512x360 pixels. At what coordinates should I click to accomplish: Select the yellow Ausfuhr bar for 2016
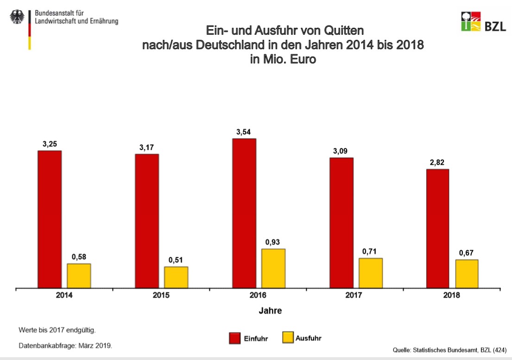[273, 269]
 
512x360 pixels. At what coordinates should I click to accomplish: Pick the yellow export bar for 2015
[176, 278]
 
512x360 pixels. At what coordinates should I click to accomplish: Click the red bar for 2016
[244, 213]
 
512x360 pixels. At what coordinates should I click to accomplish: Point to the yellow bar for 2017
[371, 273]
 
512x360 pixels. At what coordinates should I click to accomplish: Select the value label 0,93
[273, 242]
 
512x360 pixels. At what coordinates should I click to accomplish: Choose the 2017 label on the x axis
[354, 296]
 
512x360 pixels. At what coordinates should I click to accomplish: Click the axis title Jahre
[270, 311]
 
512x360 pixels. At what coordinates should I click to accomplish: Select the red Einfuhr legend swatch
[234, 338]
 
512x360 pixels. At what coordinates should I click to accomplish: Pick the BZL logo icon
[470, 21]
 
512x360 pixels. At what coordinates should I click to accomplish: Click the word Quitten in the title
[341, 32]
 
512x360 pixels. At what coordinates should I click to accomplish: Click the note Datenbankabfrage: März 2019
[65, 346]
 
